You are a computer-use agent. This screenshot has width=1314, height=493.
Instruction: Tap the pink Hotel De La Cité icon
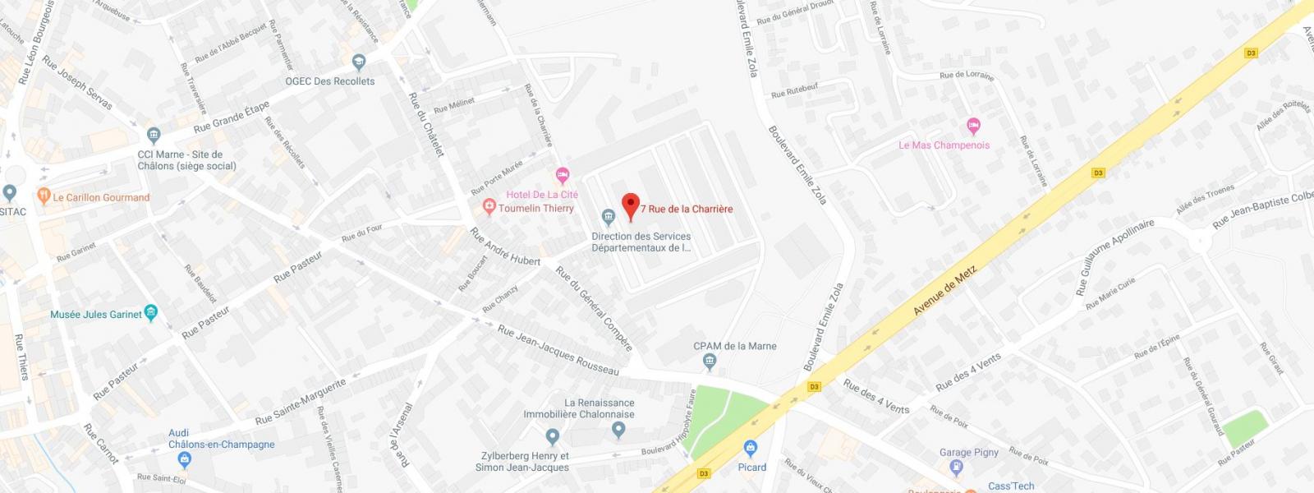click(x=563, y=174)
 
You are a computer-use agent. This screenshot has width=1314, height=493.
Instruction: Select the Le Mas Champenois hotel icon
click(x=974, y=126)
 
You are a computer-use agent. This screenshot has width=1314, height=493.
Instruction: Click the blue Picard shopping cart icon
click(x=749, y=449)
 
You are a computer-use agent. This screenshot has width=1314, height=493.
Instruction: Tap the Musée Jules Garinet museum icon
click(x=150, y=312)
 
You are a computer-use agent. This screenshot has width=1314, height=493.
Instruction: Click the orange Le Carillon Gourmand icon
click(x=44, y=197)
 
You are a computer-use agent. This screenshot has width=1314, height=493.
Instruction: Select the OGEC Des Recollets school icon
click(x=359, y=62)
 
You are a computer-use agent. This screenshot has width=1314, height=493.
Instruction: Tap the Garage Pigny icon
click(x=955, y=468)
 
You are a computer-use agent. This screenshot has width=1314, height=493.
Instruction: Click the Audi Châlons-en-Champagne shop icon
click(x=186, y=459)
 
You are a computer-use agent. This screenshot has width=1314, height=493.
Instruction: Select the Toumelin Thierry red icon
click(x=489, y=207)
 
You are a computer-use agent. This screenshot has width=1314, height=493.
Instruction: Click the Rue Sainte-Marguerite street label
click(x=301, y=402)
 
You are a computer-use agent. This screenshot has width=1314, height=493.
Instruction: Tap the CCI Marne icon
click(x=153, y=135)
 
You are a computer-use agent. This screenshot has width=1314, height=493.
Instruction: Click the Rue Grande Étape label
click(x=232, y=118)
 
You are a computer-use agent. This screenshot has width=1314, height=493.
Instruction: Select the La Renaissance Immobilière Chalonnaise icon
click(x=553, y=435)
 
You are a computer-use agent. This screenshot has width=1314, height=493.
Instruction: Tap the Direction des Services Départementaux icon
click(x=608, y=218)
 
